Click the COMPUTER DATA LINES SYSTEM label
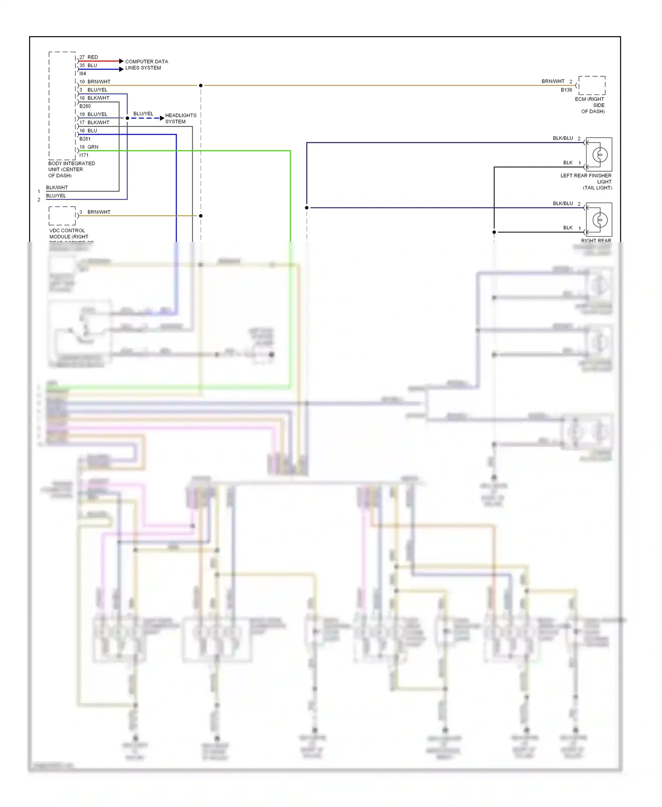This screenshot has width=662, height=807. click(x=146, y=64)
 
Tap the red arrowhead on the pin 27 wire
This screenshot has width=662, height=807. click(x=121, y=61)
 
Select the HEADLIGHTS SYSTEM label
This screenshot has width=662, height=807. click(x=181, y=118)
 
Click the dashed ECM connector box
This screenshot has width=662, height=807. click(x=592, y=85)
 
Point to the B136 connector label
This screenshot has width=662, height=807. click(x=566, y=90)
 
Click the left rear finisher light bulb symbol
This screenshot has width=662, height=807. click(x=599, y=155)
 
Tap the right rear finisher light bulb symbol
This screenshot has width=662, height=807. click(x=599, y=220)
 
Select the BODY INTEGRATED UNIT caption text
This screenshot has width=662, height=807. click(x=71, y=170)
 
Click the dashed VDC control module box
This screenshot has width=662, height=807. click(x=62, y=216)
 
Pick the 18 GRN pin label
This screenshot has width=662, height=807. click(x=89, y=147)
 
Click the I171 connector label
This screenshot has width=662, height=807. click(x=84, y=155)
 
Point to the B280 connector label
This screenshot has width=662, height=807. click(x=85, y=106)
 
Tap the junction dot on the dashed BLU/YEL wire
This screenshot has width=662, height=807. click(x=127, y=118)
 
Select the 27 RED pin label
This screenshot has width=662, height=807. click(x=89, y=57)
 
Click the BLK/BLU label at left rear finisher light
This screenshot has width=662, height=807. click(x=563, y=138)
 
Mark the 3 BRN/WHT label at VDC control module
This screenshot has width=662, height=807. click(x=95, y=212)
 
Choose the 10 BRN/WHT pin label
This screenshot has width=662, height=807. click(x=95, y=82)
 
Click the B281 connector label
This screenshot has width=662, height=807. click(x=85, y=139)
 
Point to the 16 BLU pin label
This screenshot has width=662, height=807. click(x=88, y=131)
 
